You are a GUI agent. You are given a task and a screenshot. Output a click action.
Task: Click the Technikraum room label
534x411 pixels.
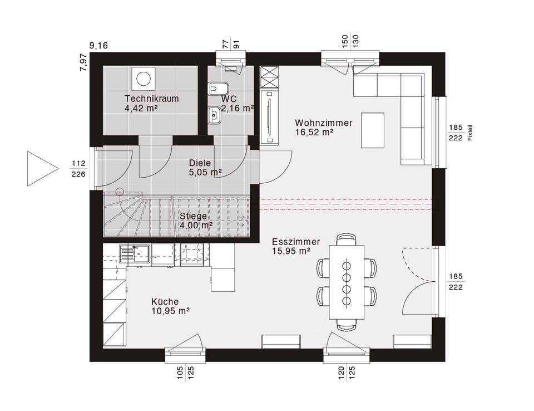pyautogui.click(x=151, y=99)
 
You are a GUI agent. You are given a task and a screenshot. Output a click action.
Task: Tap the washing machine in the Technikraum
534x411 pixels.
pyautogui.click(x=144, y=78)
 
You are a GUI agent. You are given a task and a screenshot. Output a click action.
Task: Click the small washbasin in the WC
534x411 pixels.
pyautogui.click(x=214, y=115)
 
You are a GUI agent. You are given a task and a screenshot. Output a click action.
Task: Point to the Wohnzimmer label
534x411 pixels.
pyautogui.click(x=324, y=123)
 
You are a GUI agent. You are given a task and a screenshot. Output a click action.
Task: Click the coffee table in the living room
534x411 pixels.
pyautogui.click(x=373, y=130)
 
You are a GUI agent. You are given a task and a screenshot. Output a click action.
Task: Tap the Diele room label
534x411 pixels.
pyautogui.click(x=200, y=163)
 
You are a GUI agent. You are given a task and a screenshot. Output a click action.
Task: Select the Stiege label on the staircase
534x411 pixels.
pyautogui.click(x=193, y=216)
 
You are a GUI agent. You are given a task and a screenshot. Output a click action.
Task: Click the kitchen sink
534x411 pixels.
pyautogui.click(x=135, y=254)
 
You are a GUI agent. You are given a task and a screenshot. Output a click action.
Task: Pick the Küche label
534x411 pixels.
pyautogui.click(x=165, y=301)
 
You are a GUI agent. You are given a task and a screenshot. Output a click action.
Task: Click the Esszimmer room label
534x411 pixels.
pyautogui.click(x=296, y=242)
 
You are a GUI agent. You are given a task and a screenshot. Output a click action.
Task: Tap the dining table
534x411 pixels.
pyautogui.click(x=347, y=282)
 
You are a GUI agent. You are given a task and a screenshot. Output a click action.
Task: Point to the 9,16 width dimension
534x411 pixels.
pyautogui.click(x=98, y=45)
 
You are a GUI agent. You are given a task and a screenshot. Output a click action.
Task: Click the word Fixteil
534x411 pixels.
pyautogui.click(x=470, y=133)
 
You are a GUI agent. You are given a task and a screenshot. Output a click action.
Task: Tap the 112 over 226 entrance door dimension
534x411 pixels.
pyautogui.click(x=78, y=169)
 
